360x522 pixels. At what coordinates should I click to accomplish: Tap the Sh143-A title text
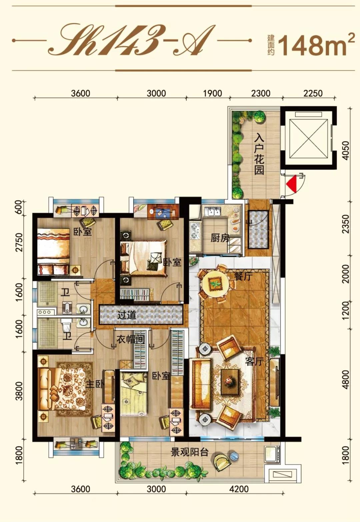132,40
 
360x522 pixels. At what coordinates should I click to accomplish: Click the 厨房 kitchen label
220,238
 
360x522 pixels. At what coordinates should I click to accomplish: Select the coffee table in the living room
230,382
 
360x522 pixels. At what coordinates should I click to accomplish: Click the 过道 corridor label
127,315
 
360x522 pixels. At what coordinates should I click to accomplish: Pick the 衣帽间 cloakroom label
131,339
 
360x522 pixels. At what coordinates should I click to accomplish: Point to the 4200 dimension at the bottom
239,489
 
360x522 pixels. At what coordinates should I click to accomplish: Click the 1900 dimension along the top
212,93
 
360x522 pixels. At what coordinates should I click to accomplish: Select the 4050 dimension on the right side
346,150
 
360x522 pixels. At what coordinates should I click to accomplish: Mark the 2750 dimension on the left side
20,242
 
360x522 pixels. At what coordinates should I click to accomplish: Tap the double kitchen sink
214,212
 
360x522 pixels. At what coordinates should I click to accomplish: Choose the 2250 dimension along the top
313,93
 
